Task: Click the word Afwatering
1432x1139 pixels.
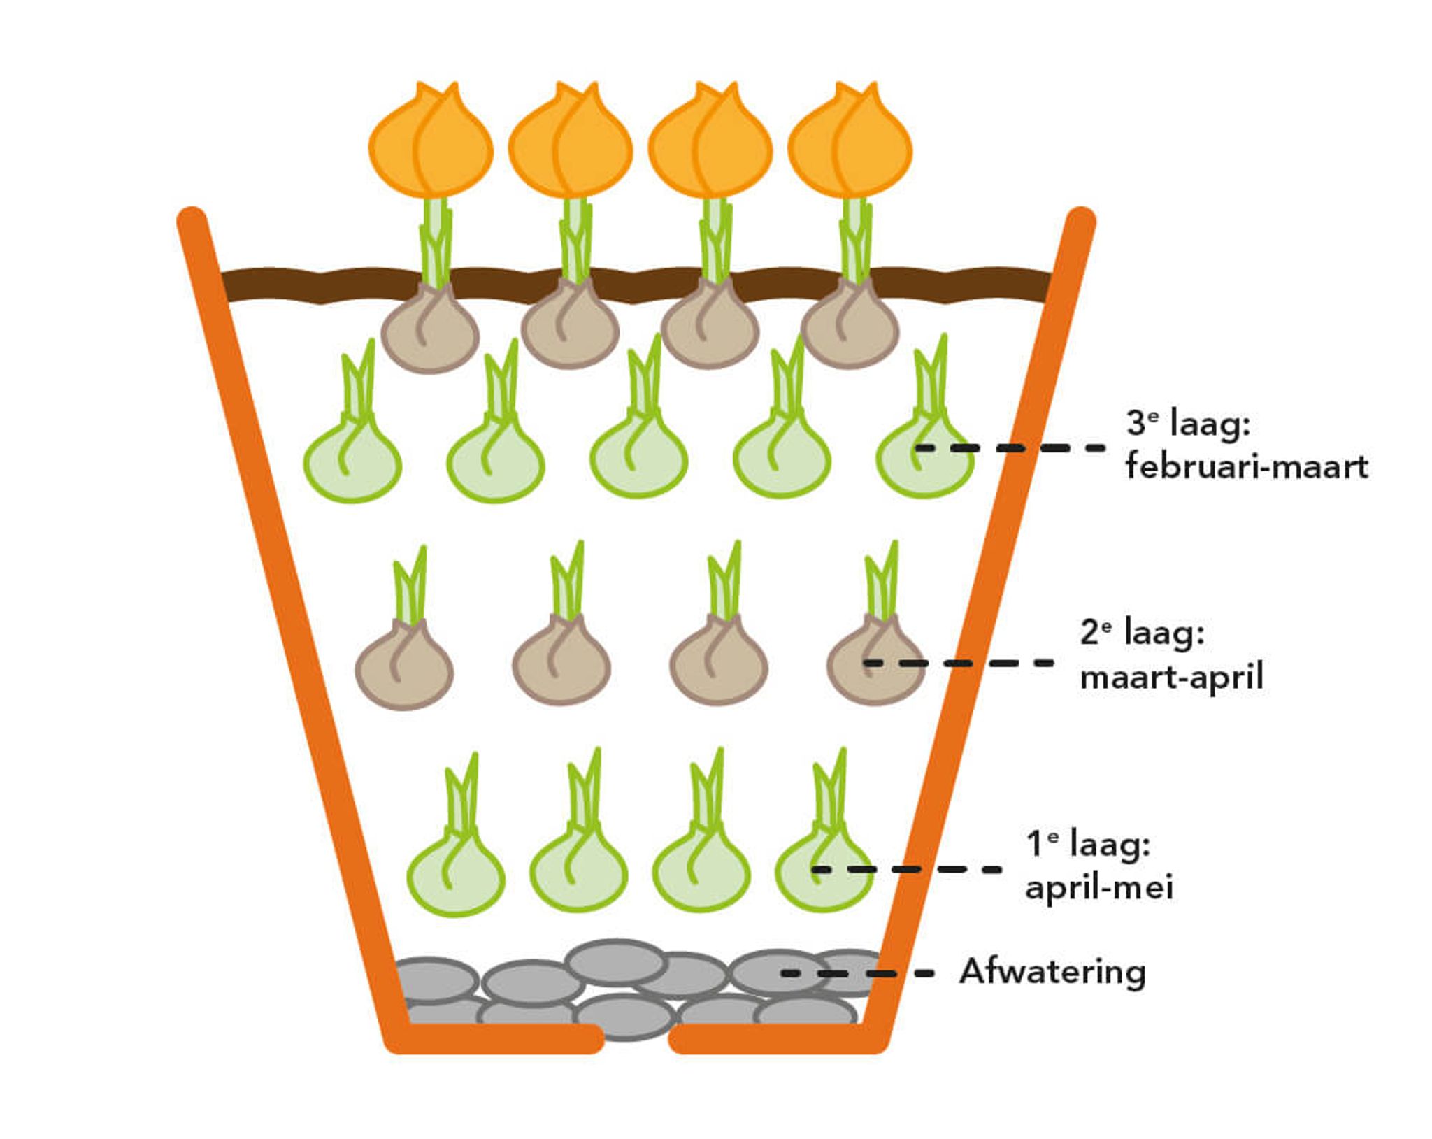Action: pyautogui.click(x=1052, y=973)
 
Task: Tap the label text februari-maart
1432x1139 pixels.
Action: pyautogui.click(x=1246, y=466)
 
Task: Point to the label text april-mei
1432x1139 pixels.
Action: pyautogui.click(x=1098, y=887)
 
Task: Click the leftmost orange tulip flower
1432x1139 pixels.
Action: pyautogui.click(x=431, y=143)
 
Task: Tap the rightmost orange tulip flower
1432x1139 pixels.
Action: pyautogui.click(x=850, y=143)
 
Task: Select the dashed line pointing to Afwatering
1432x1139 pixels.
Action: pyautogui.click(x=857, y=973)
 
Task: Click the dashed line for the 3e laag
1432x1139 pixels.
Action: pyautogui.click(x=1010, y=447)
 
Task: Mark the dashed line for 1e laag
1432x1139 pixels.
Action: pyautogui.click(x=906, y=869)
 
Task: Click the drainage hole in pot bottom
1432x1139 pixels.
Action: pyautogui.click(x=636, y=1039)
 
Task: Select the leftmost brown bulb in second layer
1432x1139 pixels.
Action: pyautogui.click(x=404, y=668)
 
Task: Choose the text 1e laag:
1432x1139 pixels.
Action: pyautogui.click(x=1088, y=844)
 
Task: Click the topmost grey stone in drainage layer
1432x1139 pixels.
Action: pyautogui.click(x=615, y=962)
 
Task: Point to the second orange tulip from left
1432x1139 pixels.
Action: pyautogui.click(x=571, y=143)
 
